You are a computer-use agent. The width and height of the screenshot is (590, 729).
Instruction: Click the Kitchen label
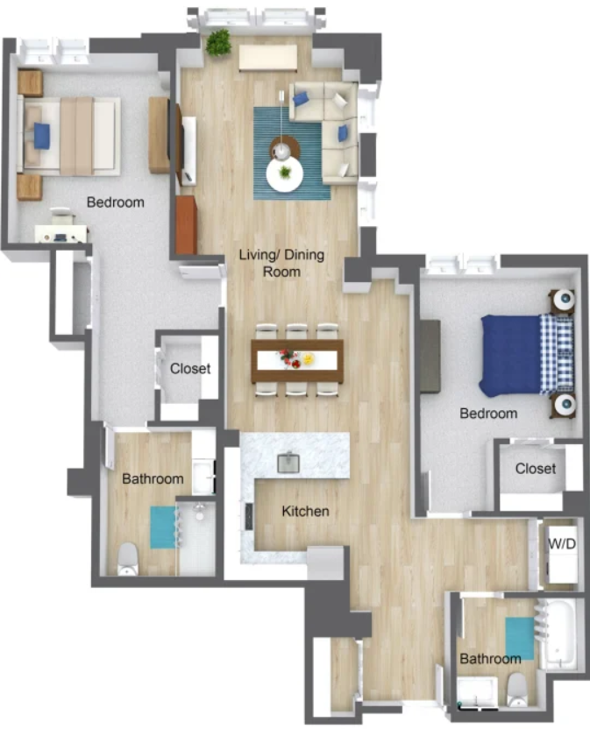(305, 512)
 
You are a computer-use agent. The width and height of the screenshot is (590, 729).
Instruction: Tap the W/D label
(562, 543)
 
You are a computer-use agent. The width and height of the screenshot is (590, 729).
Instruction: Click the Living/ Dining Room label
(281, 263)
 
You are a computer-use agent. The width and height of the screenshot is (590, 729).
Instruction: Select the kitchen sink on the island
(288, 462)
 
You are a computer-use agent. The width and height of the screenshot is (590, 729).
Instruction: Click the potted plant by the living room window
(218, 42)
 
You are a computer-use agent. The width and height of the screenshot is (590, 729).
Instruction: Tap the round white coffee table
(284, 174)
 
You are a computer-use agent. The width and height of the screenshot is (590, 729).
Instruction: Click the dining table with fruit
(297, 361)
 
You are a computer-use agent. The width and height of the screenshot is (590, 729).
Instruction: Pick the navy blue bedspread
(510, 355)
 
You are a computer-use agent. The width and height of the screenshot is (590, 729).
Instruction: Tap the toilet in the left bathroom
(127, 558)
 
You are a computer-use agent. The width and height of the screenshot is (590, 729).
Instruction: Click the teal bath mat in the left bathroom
(163, 527)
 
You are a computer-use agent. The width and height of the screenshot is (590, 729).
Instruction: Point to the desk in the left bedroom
(61, 234)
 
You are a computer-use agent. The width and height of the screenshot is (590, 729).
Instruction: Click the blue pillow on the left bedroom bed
(42, 136)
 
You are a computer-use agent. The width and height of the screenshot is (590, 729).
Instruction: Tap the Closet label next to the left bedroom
(190, 369)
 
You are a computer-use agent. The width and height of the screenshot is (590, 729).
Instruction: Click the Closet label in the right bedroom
(535, 468)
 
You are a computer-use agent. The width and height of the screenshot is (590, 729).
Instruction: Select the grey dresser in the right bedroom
(430, 356)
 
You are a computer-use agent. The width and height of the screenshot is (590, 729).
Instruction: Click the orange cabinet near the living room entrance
(186, 225)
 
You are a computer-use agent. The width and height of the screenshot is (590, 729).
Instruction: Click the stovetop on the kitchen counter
(249, 517)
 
